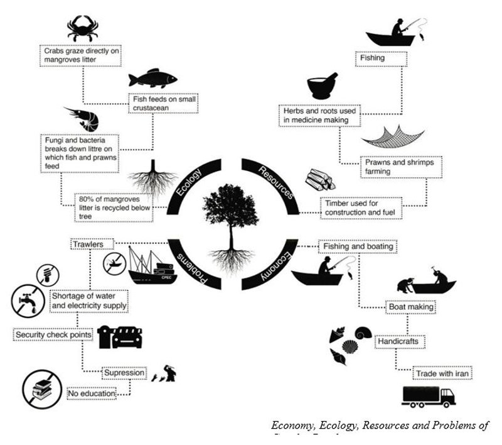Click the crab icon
(83, 28)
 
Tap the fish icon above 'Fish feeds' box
(152, 79)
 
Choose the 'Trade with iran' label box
(442, 373)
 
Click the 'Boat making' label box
(410, 308)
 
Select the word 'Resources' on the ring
(268, 178)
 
